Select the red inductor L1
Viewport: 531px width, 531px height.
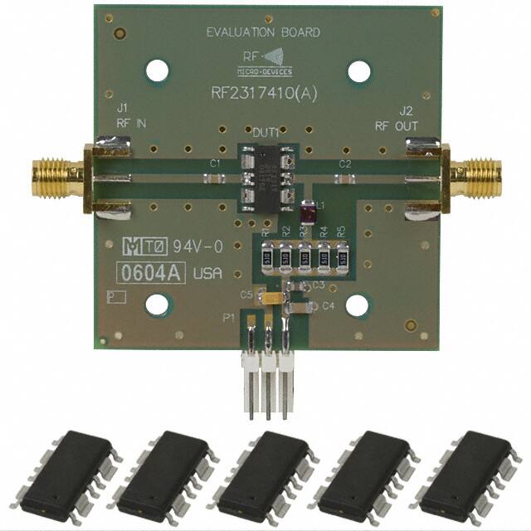308,214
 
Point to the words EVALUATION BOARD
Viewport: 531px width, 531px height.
263,33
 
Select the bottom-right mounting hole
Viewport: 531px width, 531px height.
358,305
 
